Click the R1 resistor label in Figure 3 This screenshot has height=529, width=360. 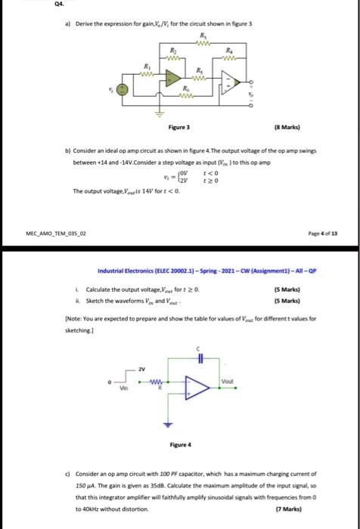click(x=147, y=67)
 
